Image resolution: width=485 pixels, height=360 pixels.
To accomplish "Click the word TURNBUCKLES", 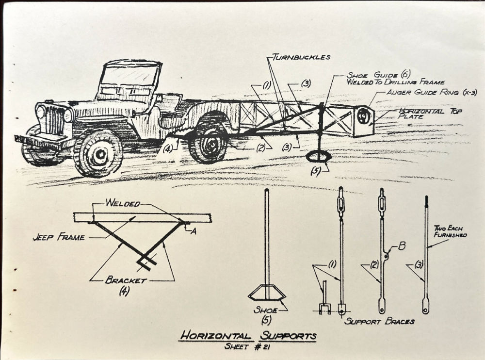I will coord(301,57).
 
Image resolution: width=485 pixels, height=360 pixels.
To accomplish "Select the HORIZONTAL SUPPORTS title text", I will coord(247,335).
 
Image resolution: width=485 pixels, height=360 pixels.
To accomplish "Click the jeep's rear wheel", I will coord(208,142).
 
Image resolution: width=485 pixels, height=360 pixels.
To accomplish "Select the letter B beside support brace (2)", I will coord(402,245).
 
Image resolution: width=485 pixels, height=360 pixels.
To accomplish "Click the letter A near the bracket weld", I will coord(194,231).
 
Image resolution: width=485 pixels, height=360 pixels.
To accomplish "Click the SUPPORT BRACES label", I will coord(380,321).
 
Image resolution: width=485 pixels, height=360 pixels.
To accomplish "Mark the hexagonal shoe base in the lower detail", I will coord(266,294).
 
